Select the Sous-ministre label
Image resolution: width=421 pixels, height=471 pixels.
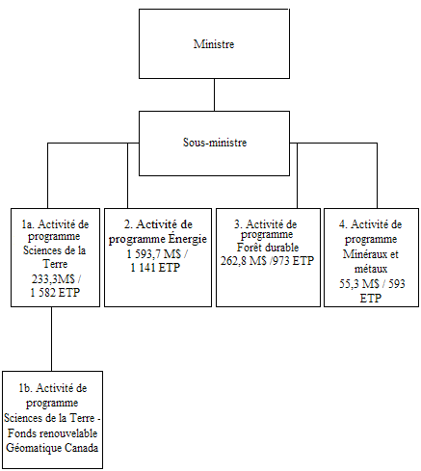(x=215, y=142)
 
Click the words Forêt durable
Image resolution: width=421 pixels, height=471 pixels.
(x=266, y=247)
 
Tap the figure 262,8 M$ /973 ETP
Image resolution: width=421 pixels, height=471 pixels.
(x=267, y=260)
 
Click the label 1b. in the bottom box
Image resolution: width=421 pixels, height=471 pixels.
(x=26, y=386)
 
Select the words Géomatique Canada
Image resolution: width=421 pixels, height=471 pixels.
(x=52, y=449)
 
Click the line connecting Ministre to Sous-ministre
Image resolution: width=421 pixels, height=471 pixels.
(x=215, y=96)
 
